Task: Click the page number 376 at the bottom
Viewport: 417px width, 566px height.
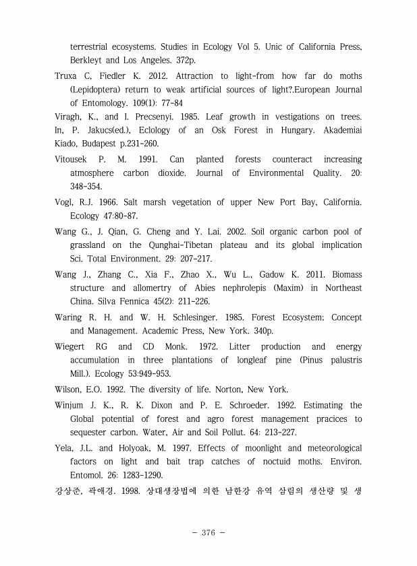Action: tap(208, 533)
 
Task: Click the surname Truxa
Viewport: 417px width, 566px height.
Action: tap(67, 76)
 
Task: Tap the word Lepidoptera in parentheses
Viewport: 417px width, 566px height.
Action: tap(103, 90)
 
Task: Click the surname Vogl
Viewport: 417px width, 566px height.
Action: tap(65, 202)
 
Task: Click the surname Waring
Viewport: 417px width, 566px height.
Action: tap(69, 317)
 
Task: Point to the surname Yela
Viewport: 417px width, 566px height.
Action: tap(65, 448)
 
